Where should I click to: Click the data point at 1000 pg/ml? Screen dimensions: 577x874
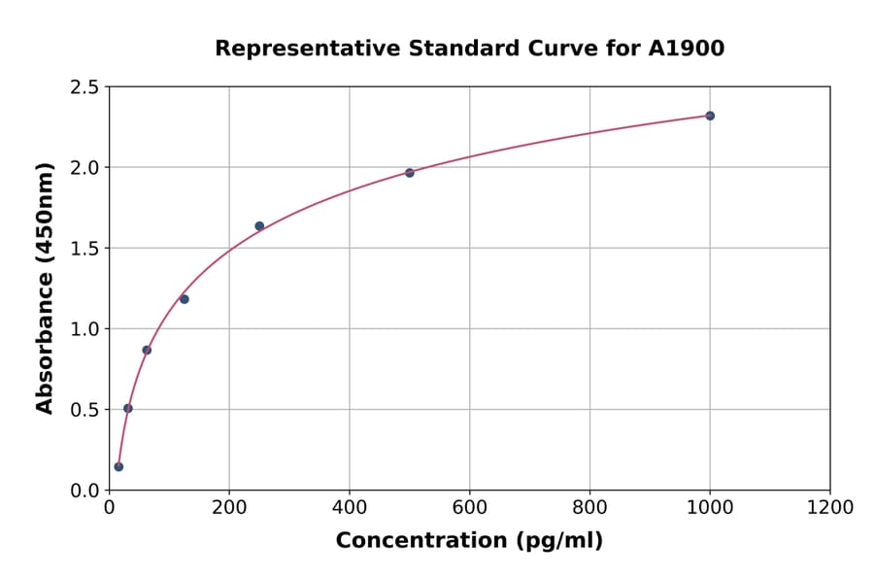coord(710,116)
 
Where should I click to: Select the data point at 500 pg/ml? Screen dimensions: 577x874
coord(410,173)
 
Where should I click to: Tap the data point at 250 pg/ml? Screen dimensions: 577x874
coord(259,226)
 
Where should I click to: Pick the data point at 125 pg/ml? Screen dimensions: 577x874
coord(185,299)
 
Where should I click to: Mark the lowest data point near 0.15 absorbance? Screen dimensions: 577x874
coord(118,466)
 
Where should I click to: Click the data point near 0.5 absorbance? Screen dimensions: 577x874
coord(128,408)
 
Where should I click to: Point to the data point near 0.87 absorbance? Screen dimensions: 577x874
coord(147,350)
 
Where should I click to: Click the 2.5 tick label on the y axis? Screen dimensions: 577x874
coord(84,87)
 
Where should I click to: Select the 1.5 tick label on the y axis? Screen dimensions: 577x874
coord(84,249)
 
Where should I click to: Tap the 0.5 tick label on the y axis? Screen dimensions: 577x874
coord(84,410)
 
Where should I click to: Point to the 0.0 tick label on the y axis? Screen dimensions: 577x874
coord(84,491)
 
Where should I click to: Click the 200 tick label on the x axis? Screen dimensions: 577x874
coord(229,508)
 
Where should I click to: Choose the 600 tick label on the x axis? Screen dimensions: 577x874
coord(470,508)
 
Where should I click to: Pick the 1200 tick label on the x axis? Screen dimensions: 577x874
coord(830,508)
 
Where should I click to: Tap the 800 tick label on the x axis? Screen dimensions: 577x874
coord(589,508)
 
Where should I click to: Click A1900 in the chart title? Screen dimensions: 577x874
coord(687,49)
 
